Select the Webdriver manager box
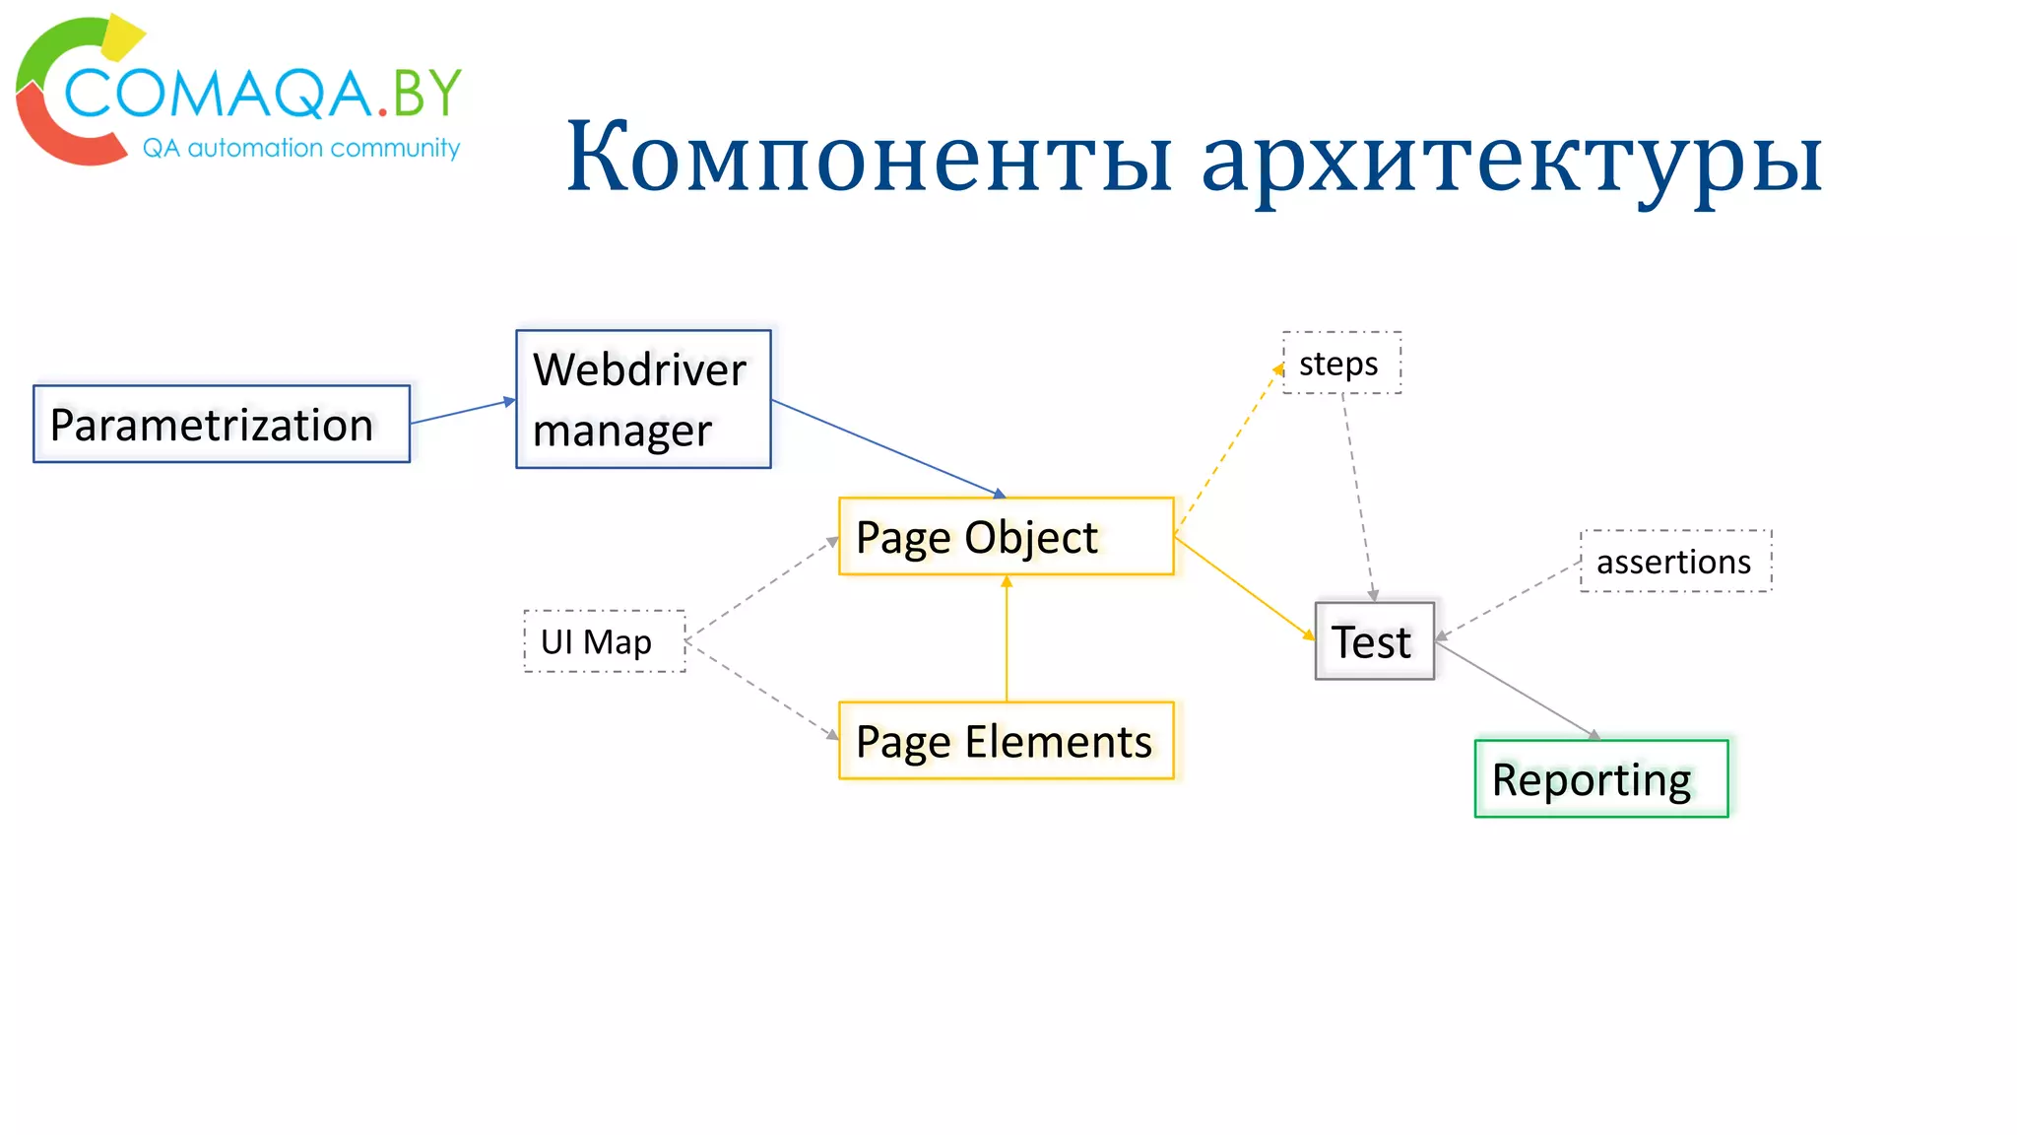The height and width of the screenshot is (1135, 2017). point(643,399)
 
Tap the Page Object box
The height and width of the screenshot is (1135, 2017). point(1006,537)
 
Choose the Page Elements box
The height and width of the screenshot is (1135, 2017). point(1006,741)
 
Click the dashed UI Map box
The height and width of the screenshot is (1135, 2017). point(604,641)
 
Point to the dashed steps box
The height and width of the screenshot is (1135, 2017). point(1341,364)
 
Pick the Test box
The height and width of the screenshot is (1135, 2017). point(1374,641)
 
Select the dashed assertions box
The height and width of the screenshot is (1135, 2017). point(1675,562)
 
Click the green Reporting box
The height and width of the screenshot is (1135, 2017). point(1600,779)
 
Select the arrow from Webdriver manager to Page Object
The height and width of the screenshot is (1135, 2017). point(886,447)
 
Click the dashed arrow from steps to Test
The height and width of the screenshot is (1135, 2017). point(1358,498)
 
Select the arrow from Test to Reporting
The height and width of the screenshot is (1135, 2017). point(1517,691)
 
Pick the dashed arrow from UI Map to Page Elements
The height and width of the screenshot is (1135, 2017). point(761,689)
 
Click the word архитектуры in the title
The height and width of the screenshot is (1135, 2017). point(1512,158)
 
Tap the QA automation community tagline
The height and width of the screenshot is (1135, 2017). point(301,148)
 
